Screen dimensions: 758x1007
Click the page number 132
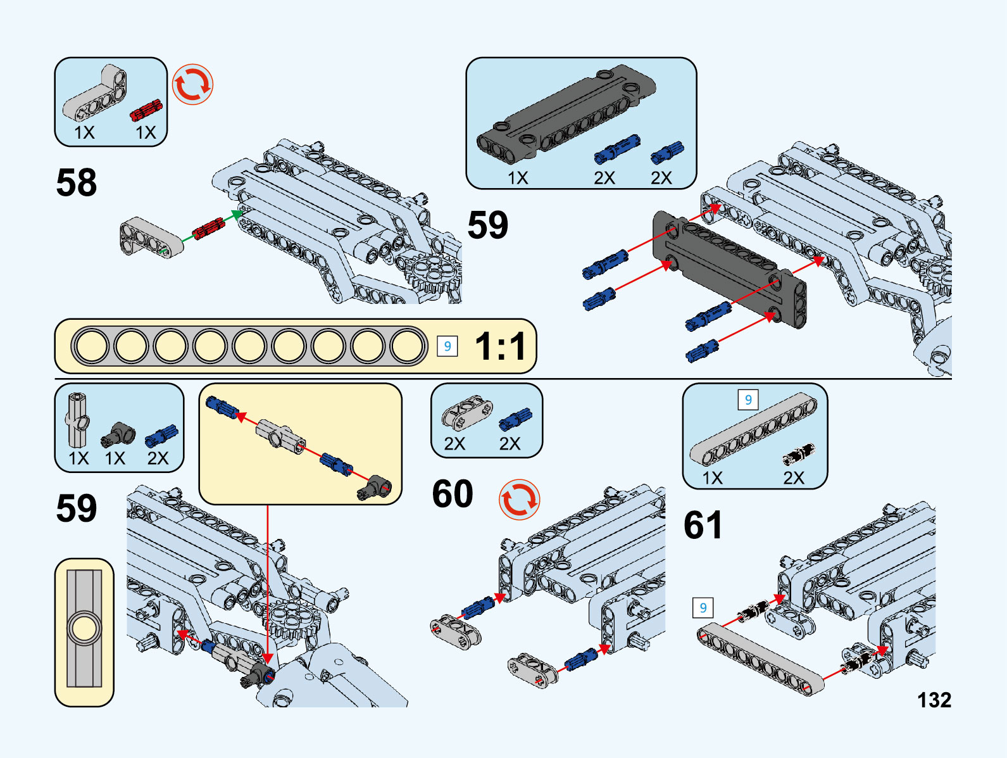click(934, 700)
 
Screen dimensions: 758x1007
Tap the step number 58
click(77, 183)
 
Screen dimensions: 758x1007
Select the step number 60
click(453, 494)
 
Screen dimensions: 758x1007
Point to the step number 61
click(703, 526)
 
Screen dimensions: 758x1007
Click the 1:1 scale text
click(500, 346)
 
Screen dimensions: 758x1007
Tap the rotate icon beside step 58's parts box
click(193, 84)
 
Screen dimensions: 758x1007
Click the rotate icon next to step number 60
click(519, 500)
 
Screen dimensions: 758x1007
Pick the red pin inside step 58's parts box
click(146, 110)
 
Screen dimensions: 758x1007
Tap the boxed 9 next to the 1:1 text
click(447, 346)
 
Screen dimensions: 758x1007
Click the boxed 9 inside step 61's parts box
click(748, 400)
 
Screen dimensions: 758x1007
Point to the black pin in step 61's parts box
click(798, 453)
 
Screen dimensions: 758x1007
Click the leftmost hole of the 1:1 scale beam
click(92, 346)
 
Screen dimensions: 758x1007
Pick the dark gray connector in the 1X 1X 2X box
click(119, 434)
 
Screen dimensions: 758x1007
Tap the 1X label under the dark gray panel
click(517, 178)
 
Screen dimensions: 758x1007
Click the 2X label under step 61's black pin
click(793, 477)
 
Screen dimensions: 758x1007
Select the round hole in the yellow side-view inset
click(84, 630)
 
